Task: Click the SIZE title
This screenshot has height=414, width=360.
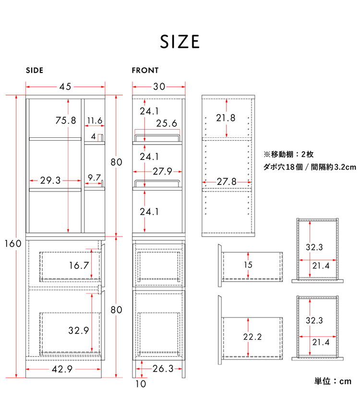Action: click(x=180, y=41)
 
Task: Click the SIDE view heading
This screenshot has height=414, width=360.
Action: click(x=35, y=70)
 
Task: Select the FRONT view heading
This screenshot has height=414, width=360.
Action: click(x=145, y=70)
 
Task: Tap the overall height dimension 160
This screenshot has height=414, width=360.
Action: click(x=13, y=243)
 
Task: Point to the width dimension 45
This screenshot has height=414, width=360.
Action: click(x=65, y=86)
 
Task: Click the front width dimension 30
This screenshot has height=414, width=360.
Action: click(x=159, y=86)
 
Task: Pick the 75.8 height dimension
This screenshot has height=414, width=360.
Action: click(x=66, y=121)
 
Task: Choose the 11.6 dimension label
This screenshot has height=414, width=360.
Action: click(x=95, y=121)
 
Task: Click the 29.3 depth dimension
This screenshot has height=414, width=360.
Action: click(x=50, y=180)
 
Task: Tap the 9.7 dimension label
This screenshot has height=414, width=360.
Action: click(x=94, y=177)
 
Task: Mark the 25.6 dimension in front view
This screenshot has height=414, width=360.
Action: click(x=167, y=123)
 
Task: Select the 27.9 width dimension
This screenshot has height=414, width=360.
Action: click(x=163, y=171)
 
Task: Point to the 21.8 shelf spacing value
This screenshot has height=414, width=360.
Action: click(x=226, y=118)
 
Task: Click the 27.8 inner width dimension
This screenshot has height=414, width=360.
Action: click(x=227, y=182)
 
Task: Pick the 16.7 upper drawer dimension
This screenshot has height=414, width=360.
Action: click(x=79, y=265)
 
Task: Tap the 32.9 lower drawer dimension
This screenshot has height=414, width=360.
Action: click(x=79, y=330)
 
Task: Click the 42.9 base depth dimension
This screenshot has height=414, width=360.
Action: click(x=62, y=369)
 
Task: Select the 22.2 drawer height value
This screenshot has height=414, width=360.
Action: click(x=252, y=337)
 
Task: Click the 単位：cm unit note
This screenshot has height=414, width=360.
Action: click(x=333, y=381)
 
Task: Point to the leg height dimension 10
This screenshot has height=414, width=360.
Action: click(x=141, y=384)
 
